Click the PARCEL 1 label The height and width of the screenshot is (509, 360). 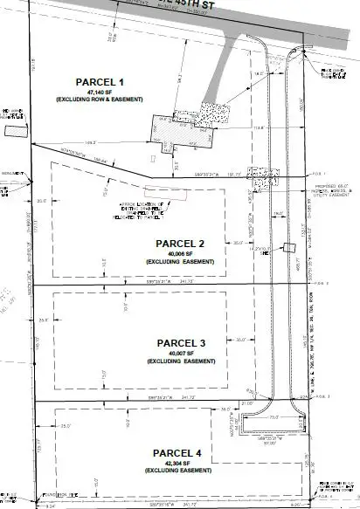click(103, 80)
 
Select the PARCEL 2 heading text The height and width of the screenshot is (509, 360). click(180, 244)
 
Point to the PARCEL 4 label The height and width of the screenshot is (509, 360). click(179, 453)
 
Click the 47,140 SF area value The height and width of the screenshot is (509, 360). click(103, 91)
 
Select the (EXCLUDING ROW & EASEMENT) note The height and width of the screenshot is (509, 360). click(103, 100)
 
